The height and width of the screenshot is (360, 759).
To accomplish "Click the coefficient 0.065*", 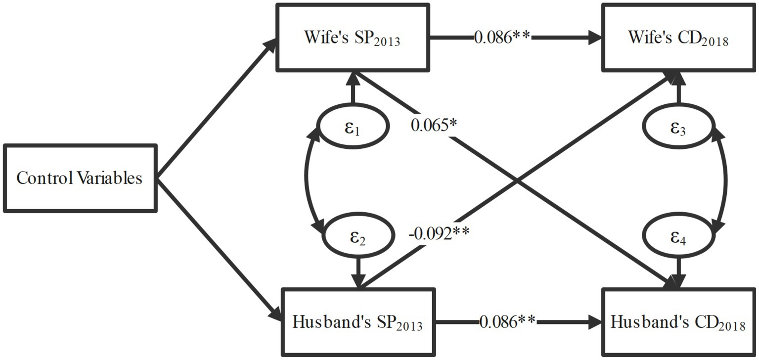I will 433,126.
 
